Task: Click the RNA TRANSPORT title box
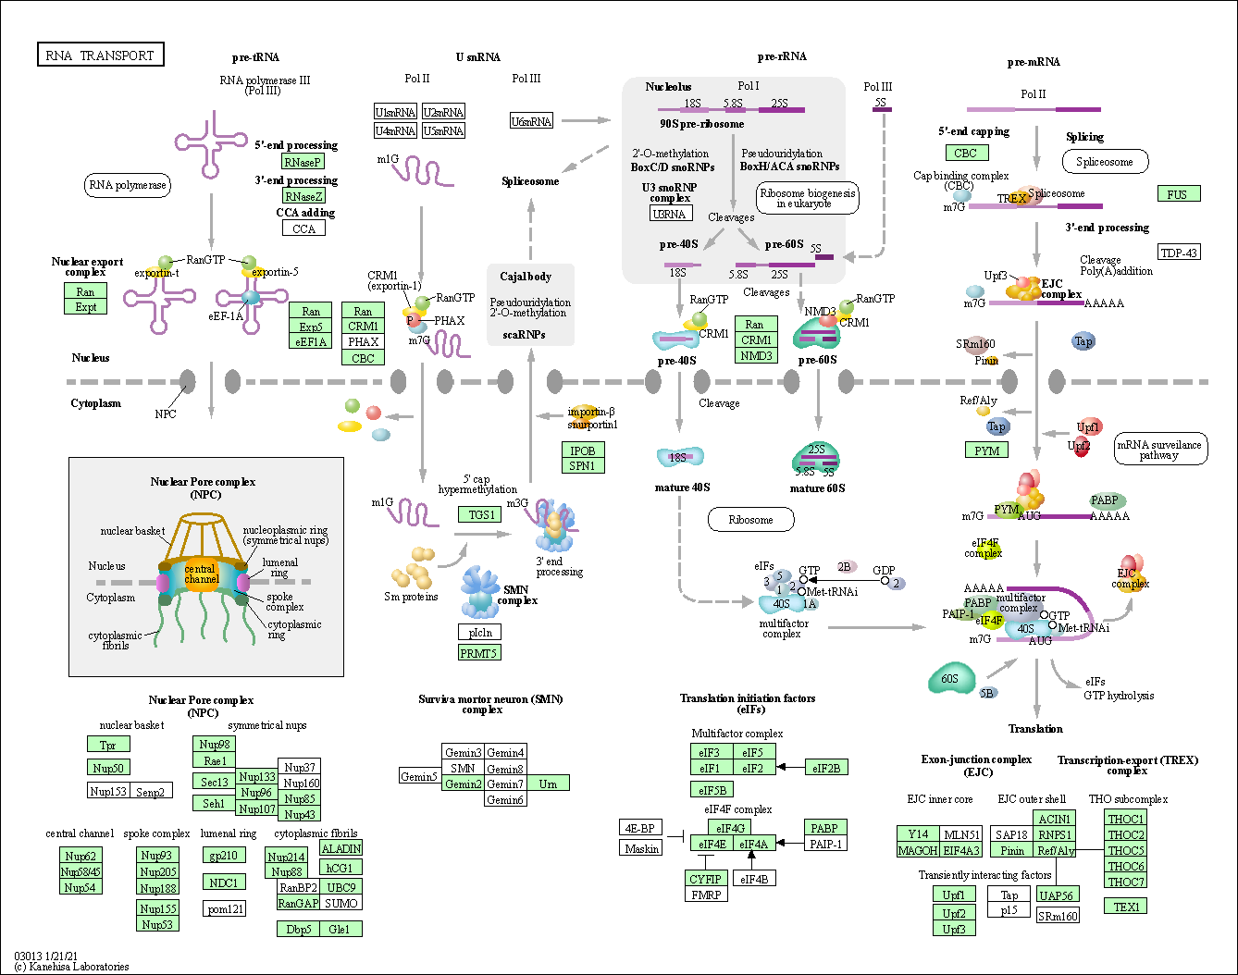pos(101,55)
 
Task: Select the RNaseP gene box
pos(303,162)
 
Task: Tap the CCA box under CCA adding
pos(303,228)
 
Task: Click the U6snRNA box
pos(531,121)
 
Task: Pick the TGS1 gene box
pos(479,514)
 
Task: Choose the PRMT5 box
pos(479,652)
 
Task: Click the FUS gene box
pos(1179,194)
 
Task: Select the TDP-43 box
pos(1179,252)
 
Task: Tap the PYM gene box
pos(986,450)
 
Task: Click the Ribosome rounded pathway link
pos(750,520)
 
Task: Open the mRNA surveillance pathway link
pos(1160,449)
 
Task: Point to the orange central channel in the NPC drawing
pos(202,574)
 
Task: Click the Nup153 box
pos(108,791)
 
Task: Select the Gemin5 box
pos(420,776)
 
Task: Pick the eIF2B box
pos(826,768)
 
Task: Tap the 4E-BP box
pos(640,827)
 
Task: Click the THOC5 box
pos(1125,850)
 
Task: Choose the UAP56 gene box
pos(1058,895)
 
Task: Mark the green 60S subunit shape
pos(951,678)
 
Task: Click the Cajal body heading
pos(526,276)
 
